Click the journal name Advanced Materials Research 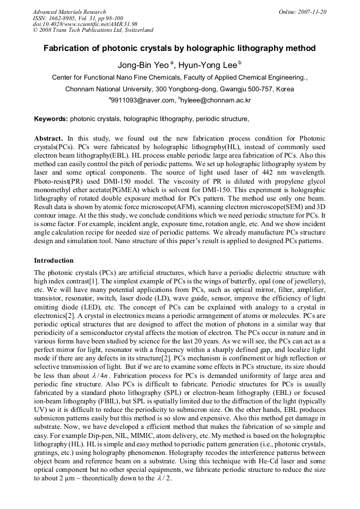coord(69,12)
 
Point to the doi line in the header coord(84,24)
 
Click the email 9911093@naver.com coord(143,100)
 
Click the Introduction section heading coord(54,261)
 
